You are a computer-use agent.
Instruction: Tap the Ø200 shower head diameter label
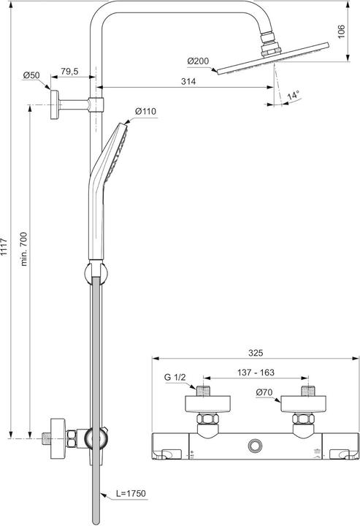click(x=197, y=61)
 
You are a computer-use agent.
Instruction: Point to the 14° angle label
click(x=293, y=96)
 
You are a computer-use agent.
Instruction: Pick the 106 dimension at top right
click(x=341, y=30)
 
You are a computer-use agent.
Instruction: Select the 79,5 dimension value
click(x=70, y=72)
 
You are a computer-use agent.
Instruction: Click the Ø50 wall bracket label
click(x=31, y=75)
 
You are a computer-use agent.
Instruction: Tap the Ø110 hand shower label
click(x=146, y=111)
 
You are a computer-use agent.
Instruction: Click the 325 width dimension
click(x=255, y=353)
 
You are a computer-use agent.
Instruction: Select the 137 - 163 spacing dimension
click(x=256, y=373)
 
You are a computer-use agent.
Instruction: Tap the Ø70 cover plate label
click(x=265, y=393)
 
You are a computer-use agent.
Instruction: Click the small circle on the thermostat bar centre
click(x=255, y=444)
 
